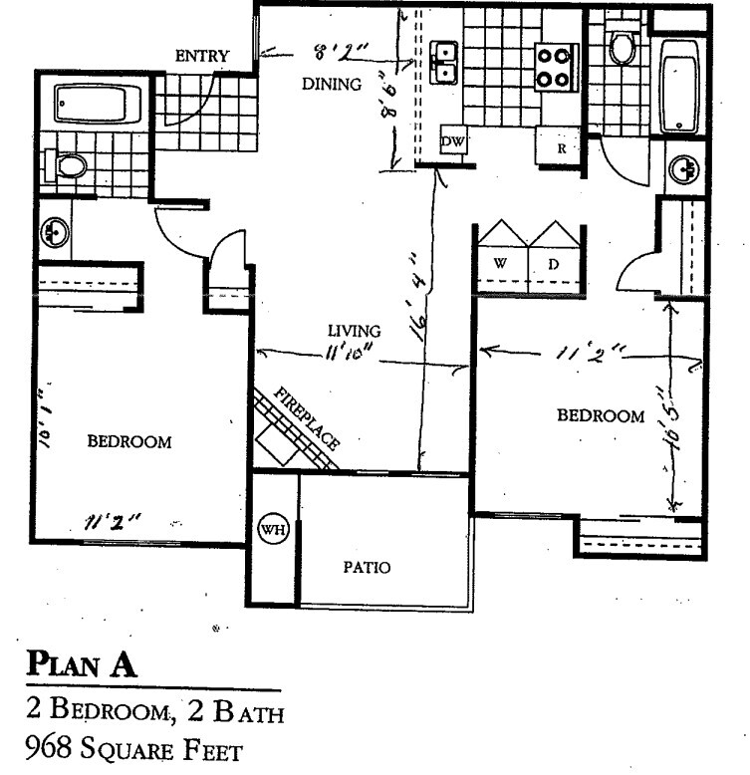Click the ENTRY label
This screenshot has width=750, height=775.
[202, 56]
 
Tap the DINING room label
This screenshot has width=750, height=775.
[331, 85]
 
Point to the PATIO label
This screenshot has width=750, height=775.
[367, 568]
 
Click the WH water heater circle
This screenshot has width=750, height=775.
[272, 529]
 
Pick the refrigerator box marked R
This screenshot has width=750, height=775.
[561, 148]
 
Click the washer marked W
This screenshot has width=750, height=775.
[501, 264]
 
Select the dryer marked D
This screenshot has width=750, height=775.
[553, 264]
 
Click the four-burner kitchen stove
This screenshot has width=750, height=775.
[557, 65]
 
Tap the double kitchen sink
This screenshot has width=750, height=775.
[444, 62]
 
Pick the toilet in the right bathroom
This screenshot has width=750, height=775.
[625, 47]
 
